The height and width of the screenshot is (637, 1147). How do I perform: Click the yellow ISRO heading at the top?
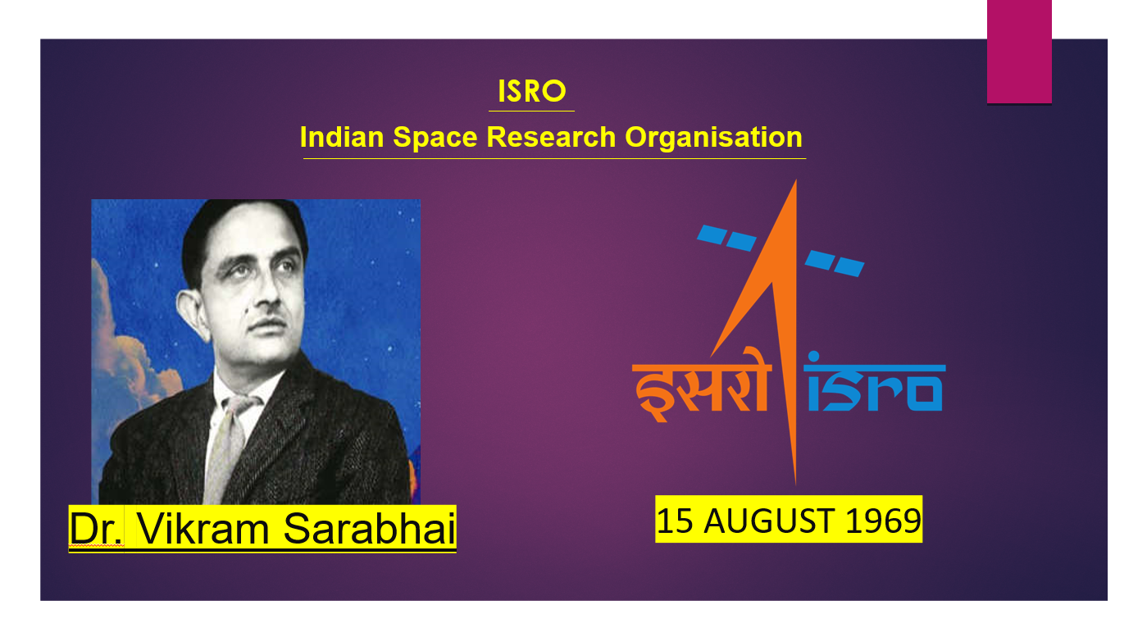coord(531,91)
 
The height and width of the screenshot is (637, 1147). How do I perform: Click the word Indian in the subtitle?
coord(342,137)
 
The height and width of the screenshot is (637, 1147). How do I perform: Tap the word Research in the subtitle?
coord(551,137)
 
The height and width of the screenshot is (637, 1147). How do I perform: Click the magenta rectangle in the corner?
coord(1019,51)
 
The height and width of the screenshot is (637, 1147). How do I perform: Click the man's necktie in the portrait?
coord(229,444)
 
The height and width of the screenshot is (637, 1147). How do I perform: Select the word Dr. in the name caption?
coord(96,529)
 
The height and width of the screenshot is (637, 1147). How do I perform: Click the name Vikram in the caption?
coord(203,529)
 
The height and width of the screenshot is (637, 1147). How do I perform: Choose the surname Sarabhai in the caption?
coord(369,529)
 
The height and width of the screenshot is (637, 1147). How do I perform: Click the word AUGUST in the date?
coord(770,521)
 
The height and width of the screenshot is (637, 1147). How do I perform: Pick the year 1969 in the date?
coord(883,521)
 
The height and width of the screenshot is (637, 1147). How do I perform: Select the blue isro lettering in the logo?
coord(875,383)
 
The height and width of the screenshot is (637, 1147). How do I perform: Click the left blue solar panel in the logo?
coord(726,238)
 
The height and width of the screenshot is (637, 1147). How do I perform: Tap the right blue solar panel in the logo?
coord(834,263)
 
